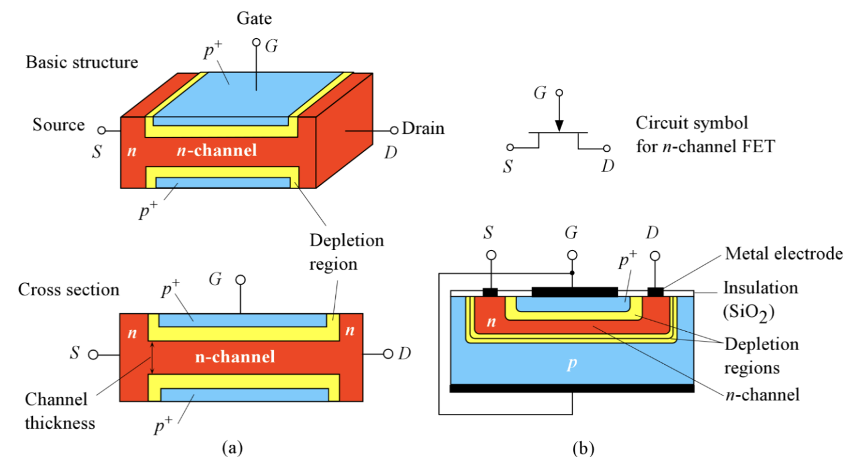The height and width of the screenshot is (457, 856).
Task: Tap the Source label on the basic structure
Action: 59,125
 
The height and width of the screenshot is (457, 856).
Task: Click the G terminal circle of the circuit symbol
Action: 558,94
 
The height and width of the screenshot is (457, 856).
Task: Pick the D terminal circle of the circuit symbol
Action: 607,149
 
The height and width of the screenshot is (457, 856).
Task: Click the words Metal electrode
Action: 784,254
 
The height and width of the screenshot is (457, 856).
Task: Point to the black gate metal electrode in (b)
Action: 574,291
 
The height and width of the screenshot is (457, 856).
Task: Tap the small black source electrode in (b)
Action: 490,292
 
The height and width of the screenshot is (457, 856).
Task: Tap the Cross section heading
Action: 69,289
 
